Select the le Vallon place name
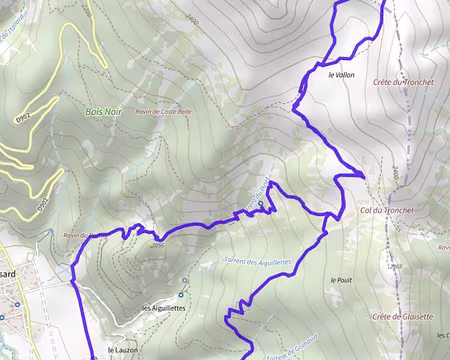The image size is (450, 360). coord(341,75)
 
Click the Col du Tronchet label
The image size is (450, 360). coord(386,210)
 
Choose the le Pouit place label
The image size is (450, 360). coord(341,280)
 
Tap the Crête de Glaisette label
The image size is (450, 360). coord(402,316)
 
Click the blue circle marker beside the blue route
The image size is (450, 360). coord(260,204)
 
